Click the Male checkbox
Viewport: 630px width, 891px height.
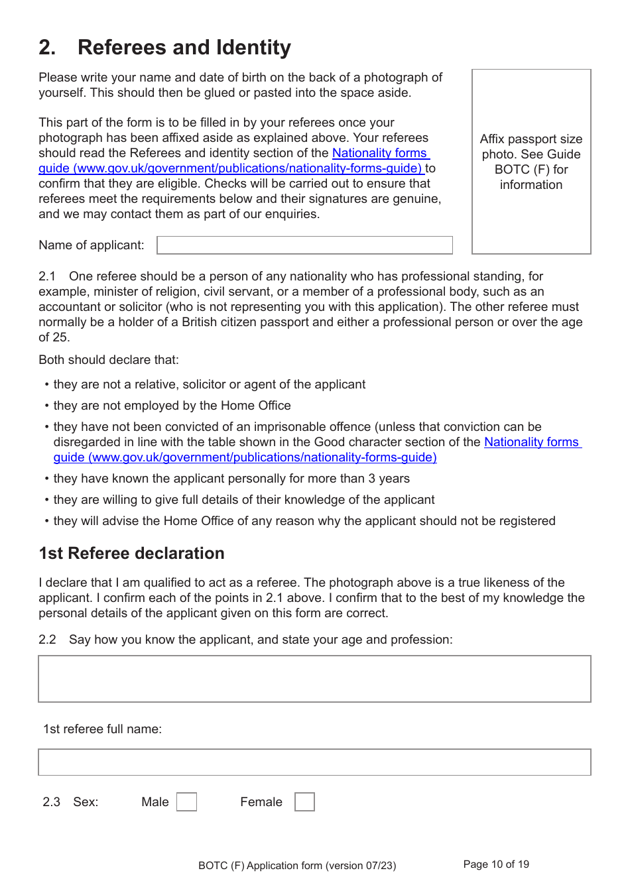pyautogui.click(x=186, y=802)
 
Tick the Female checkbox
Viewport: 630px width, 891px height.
pyautogui.click(x=304, y=802)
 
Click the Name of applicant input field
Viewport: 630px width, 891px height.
pyautogui.click(x=304, y=245)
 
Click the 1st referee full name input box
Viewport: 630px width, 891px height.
pyautogui.click(x=314, y=762)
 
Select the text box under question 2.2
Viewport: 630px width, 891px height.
pyautogui.click(x=314, y=679)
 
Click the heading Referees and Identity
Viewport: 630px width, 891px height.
pyautogui.click(x=184, y=48)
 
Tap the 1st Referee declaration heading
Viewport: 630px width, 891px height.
pyautogui.click(x=131, y=554)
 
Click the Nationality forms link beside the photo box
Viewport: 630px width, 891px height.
pyautogui.click(x=379, y=153)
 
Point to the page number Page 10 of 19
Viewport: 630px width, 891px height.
pyautogui.click(x=496, y=864)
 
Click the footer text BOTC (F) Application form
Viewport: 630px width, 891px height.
pyautogui.click(x=296, y=865)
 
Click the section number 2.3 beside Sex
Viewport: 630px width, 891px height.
pyautogui.click(x=51, y=802)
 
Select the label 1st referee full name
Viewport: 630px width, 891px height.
pyautogui.click(x=102, y=729)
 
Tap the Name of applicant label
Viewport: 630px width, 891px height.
pyautogui.click(x=91, y=245)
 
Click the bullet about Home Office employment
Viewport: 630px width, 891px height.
pyautogui.click(x=172, y=406)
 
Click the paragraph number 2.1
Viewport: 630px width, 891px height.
pyautogui.click(x=46, y=276)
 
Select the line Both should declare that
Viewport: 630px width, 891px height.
pyautogui.click(x=108, y=360)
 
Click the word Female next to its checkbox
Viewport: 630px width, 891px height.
pyautogui.click(x=261, y=802)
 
